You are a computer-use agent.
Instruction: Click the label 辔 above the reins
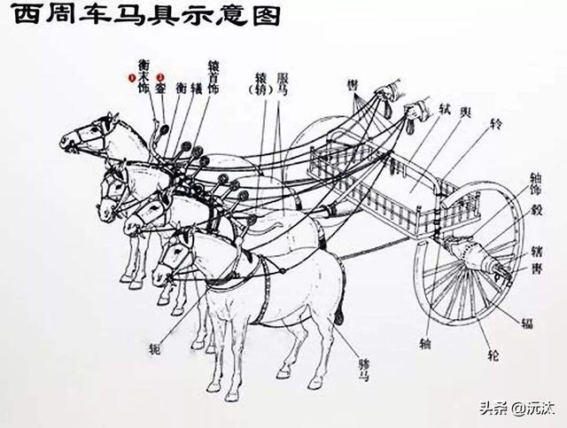353,83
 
